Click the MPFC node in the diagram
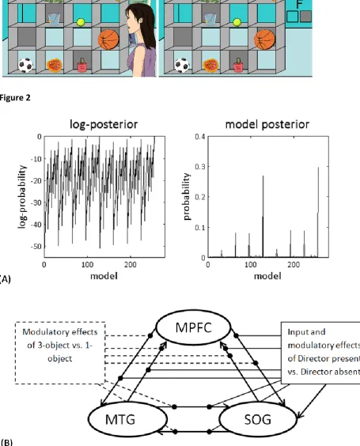click(194, 327)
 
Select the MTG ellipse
click(127, 419)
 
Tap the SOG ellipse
click(258, 419)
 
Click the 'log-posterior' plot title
click(104, 124)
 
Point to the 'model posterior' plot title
click(267, 124)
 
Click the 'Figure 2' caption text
click(15, 98)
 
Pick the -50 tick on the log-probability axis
click(36, 246)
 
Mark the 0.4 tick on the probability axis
click(200, 137)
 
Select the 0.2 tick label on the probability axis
click(200, 197)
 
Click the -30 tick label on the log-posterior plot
click(36, 202)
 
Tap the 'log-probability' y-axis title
click(22, 196)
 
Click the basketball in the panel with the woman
click(108, 40)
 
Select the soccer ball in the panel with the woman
click(25, 65)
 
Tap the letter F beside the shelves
click(299, 4)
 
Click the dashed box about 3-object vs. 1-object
click(60, 353)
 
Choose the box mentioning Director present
click(320, 353)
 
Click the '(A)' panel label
click(5, 279)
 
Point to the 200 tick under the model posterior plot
click(294, 265)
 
